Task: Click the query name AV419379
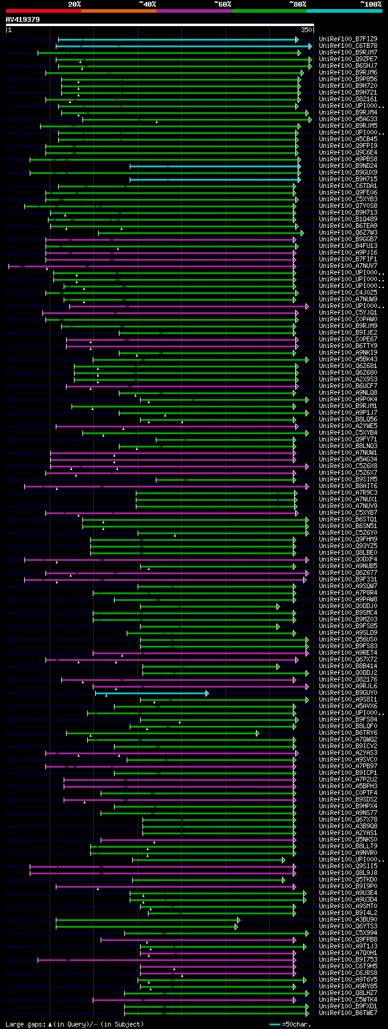pos(23,19)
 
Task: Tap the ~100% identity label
pos(370,4)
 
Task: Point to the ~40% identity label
pos(147,4)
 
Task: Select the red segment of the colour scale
pos(43,11)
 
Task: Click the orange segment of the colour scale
pos(118,11)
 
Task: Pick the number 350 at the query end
pos(306,30)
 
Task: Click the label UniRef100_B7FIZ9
pos(348,39)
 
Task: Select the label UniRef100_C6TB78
pos(348,46)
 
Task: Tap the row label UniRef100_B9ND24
pos(348,166)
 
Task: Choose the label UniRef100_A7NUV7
pos(348,266)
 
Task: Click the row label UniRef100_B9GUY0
pos(348,693)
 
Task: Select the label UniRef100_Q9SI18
pos(348,866)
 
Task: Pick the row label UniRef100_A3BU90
pos(348,920)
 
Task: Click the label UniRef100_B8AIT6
pos(348,486)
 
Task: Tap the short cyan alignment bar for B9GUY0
pos(152,693)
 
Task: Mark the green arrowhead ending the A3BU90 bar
pos(238,920)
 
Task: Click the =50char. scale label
pos(296,1024)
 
